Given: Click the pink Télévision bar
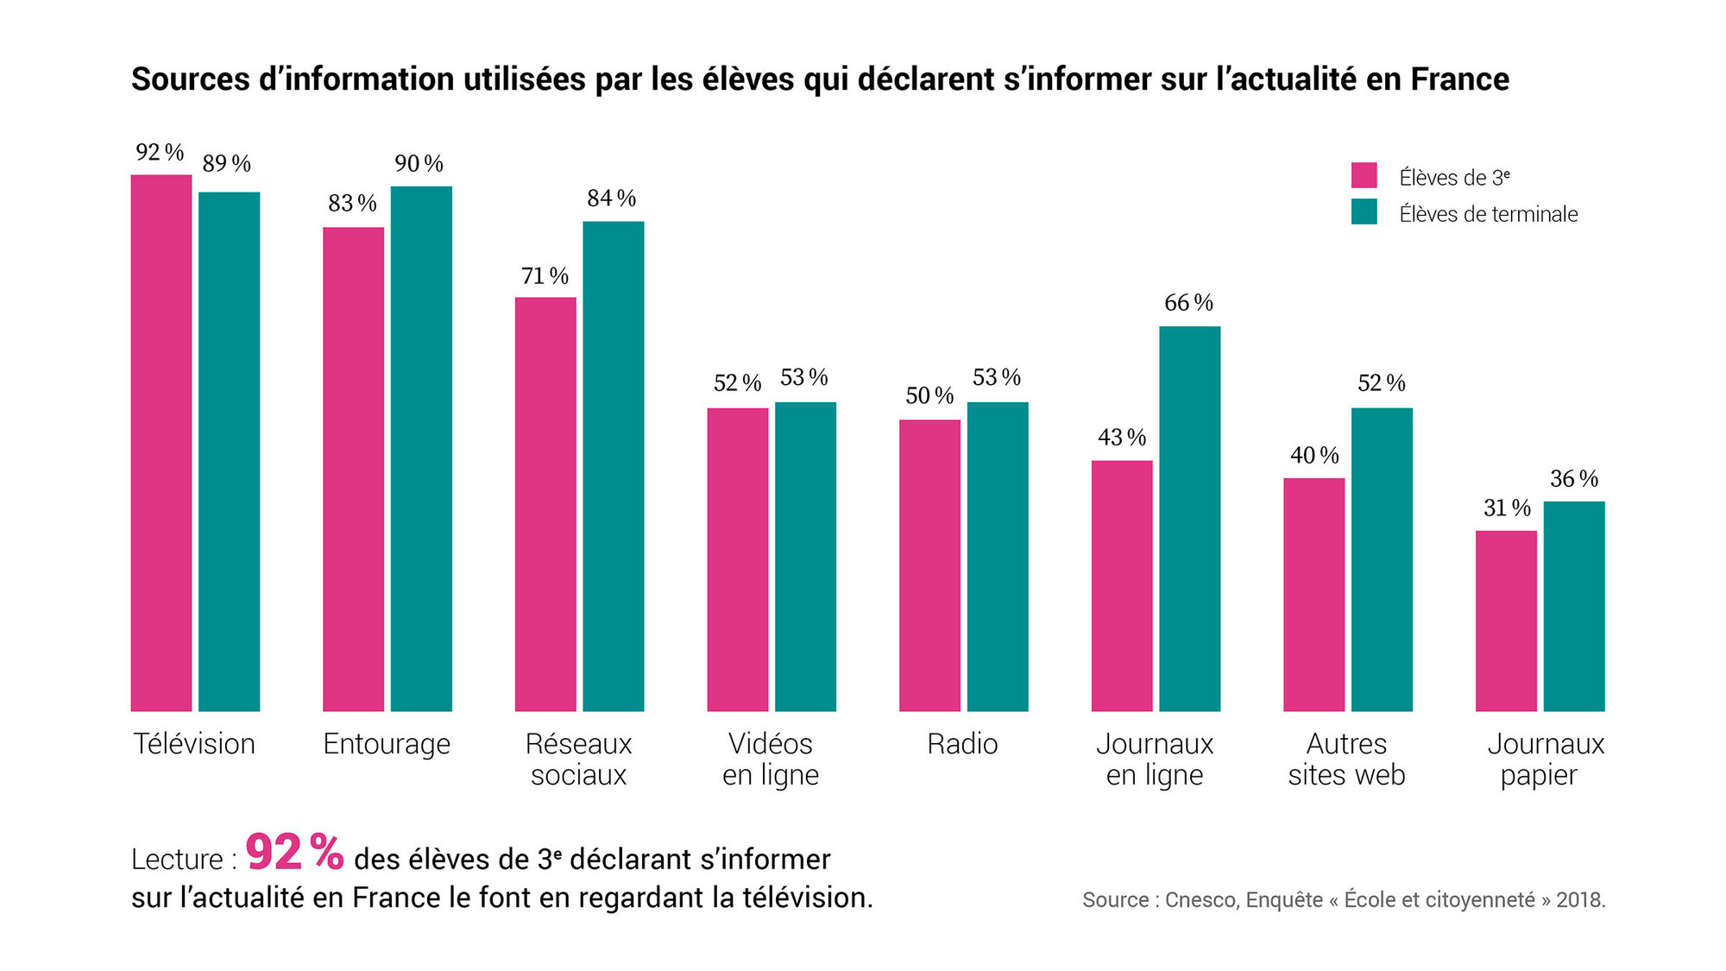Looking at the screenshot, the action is pyautogui.click(x=161, y=443).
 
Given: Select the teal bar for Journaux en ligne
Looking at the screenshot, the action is pyautogui.click(x=1190, y=519).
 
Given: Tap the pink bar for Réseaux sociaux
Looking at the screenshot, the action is pyautogui.click(x=545, y=504).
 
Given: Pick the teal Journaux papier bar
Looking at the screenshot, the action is pyautogui.click(x=1574, y=606).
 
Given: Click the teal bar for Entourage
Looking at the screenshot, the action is pyautogui.click(x=421, y=449).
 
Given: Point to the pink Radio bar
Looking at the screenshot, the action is pyautogui.click(x=929, y=565).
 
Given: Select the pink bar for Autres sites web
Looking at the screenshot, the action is pyautogui.click(x=1313, y=595).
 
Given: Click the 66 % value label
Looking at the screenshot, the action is pyautogui.click(x=1188, y=303).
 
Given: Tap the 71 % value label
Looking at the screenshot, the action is pyautogui.click(x=545, y=276).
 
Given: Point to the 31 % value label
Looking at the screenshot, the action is pyautogui.click(x=1507, y=508).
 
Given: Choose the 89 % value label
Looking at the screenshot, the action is pyautogui.click(x=226, y=164).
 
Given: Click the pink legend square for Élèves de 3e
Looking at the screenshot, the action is pyautogui.click(x=1364, y=175).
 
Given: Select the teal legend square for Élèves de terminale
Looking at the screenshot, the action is pyautogui.click(x=1364, y=212).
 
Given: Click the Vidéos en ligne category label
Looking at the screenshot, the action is pyautogui.click(x=771, y=760).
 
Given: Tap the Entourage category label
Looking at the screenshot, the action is pyautogui.click(x=387, y=744).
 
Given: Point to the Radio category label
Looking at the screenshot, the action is pyautogui.click(x=962, y=744).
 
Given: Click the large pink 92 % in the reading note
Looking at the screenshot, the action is pyautogui.click(x=295, y=852).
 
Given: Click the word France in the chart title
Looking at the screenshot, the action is pyautogui.click(x=1460, y=79).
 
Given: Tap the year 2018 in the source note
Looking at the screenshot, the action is pyautogui.click(x=1580, y=900).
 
